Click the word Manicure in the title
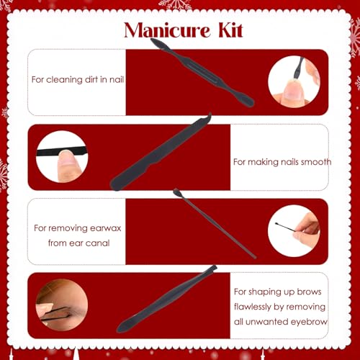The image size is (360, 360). pos(167,30)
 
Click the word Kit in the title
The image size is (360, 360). pos(230,30)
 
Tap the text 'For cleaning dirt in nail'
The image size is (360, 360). pos(78,80)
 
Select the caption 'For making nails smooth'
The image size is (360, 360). pos(282,162)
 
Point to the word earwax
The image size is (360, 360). pos(102,228)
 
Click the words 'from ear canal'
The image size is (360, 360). pos(78,243)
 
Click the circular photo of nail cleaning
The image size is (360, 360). pos(294,81)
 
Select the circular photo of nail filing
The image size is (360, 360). pos(62,156)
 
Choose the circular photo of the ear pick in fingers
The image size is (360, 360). pos(294,231)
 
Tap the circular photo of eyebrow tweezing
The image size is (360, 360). pos(62,305)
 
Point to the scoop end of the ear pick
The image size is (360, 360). pos(176,192)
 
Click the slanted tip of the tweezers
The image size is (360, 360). pos(213,268)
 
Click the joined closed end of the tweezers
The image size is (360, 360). pos(121,328)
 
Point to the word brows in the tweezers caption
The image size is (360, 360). pos(309,292)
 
